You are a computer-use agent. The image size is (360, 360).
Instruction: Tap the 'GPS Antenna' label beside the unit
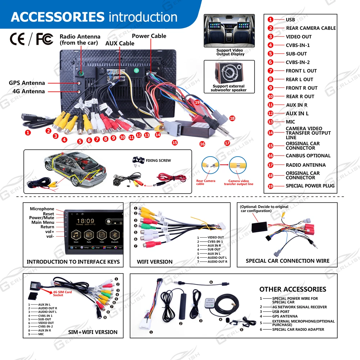pyautogui.click(x=27, y=83)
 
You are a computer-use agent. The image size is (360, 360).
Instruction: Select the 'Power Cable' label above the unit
pyautogui.click(x=149, y=36)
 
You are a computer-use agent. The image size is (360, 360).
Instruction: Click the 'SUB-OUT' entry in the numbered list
pyautogui.click(x=296, y=54)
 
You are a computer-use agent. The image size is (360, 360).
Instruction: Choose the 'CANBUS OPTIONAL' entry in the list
pyautogui.click(x=308, y=156)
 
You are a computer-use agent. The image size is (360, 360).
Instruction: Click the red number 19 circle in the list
pyautogui.click(x=271, y=186)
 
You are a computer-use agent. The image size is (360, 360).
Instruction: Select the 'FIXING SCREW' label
pyautogui.click(x=158, y=160)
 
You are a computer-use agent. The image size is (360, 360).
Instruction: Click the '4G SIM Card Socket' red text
pyautogui.click(x=63, y=293)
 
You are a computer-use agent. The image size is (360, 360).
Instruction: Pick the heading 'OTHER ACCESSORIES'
pyautogui.click(x=293, y=289)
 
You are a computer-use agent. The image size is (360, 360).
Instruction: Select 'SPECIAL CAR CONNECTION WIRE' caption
pyautogui.click(x=287, y=261)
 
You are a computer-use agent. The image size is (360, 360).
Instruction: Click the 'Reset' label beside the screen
pyautogui.click(x=48, y=213)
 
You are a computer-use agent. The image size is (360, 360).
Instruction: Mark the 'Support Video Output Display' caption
pyautogui.click(x=230, y=52)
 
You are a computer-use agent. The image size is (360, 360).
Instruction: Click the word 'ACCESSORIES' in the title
pyautogui.click(x=58, y=17)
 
